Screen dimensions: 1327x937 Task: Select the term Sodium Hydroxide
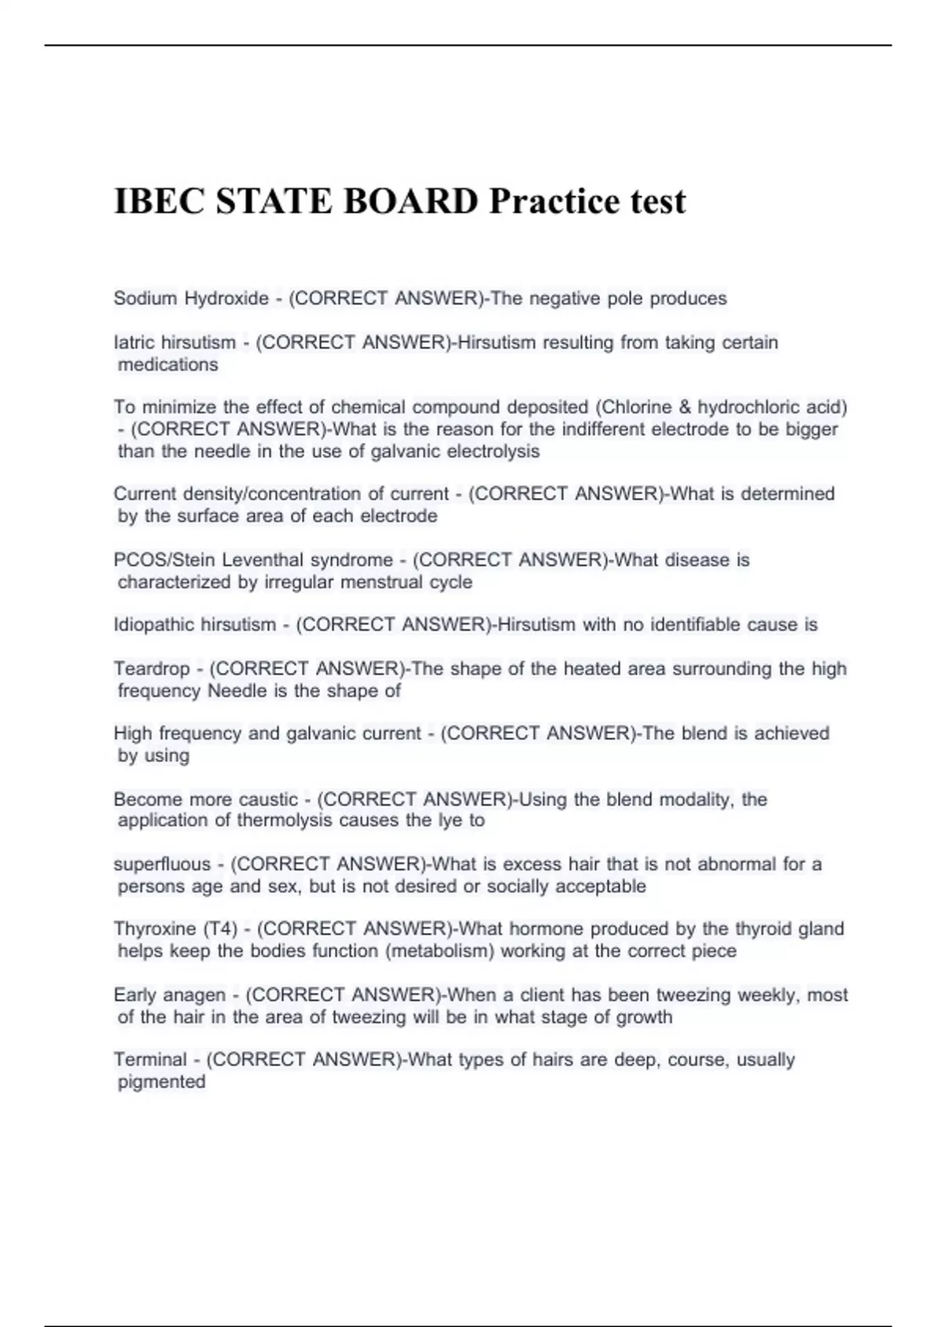pyautogui.click(x=191, y=298)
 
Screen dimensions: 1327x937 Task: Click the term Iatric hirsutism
pyautogui.click(x=175, y=342)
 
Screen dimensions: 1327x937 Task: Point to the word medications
pyautogui.click(x=168, y=365)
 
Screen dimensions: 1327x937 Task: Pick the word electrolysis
pyautogui.click(x=493, y=451)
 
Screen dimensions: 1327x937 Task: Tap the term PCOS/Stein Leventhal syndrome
pyautogui.click(x=253, y=560)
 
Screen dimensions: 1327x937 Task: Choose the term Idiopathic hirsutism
pyautogui.click(x=195, y=624)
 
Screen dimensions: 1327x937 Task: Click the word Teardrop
pyautogui.click(x=151, y=668)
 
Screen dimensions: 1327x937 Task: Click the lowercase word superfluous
pyautogui.click(x=162, y=864)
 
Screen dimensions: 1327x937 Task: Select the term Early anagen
pyautogui.click(x=169, y=995)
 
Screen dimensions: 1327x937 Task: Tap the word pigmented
pyautogui.click(x=162, y=1082)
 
